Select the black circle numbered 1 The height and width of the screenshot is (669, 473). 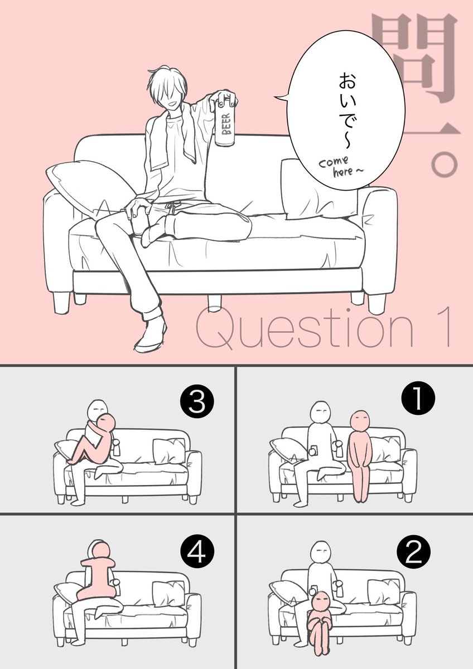418,398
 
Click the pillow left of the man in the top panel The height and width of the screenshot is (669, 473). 91,185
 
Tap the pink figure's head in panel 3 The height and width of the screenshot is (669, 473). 105,423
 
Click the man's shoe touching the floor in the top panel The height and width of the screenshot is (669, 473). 150,335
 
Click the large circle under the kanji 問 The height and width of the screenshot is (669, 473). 445,164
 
